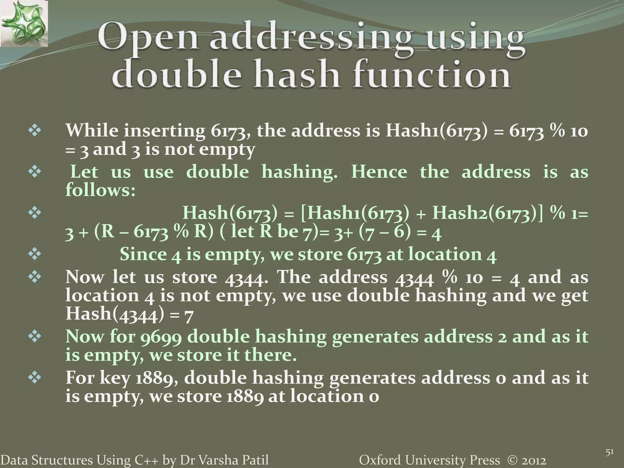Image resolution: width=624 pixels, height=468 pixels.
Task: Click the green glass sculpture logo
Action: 24,23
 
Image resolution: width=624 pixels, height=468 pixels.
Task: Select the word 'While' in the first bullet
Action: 92,130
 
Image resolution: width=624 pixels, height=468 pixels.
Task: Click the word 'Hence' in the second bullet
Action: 379,172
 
